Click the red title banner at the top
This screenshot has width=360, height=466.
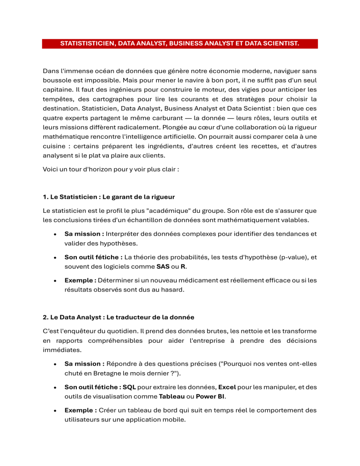180,44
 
